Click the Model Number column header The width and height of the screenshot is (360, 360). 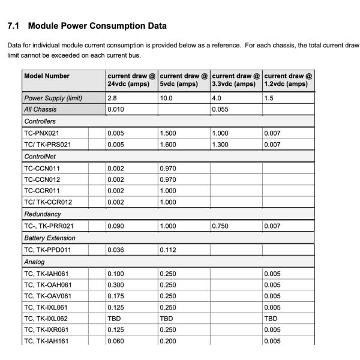click(47, 76)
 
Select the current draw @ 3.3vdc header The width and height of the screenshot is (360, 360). click(236, 80)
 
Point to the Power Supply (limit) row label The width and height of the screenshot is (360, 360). click(53, 98)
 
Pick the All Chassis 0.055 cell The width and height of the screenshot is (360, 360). click(220, 109)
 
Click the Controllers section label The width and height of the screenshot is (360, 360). click(40, 121)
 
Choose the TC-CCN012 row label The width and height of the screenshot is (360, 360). click(42, 179)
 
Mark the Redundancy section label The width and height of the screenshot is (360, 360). click(43, 214)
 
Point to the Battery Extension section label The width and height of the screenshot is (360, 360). click(50, 238)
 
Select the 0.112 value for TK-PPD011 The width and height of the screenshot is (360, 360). click(168, 250)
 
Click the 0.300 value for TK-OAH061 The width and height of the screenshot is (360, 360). click(116, 285)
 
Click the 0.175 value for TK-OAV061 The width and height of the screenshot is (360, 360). click(116, 296)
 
